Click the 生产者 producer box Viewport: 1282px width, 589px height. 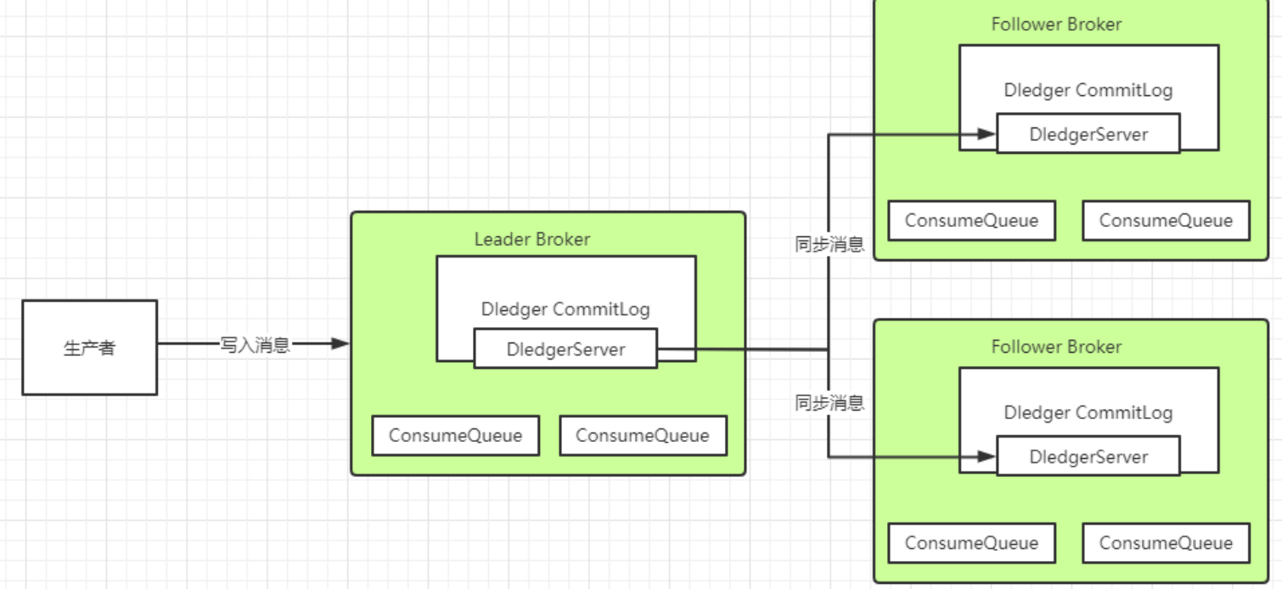click(89, 347)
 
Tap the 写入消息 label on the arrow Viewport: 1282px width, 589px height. click(255, 344)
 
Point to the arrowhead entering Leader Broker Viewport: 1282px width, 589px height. click(341, 344)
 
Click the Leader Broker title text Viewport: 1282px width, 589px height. click(531, 240)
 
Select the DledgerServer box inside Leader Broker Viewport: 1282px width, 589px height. click(565, 349)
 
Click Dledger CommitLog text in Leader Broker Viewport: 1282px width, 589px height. click(565, 309)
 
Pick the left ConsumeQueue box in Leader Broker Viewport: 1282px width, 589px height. click(455, 435)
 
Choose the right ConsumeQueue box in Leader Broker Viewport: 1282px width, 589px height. click(643, 435)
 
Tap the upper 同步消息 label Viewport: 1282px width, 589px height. click(829, 246)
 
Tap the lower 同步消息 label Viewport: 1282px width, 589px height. click(829, 403)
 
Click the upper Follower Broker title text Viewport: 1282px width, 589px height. click(1056, 25)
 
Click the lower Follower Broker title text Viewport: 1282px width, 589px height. click(1056, 347)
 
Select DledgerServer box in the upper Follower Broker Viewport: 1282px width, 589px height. click(1088, 134)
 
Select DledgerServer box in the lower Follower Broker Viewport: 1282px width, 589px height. click(1088, 456)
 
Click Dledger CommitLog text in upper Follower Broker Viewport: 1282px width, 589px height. click(1088, 91)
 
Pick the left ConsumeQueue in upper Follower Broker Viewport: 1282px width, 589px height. click(971, 221)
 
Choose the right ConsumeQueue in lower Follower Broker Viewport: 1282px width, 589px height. click(1166, 543)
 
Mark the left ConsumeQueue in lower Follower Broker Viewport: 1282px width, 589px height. click(971, 543)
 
